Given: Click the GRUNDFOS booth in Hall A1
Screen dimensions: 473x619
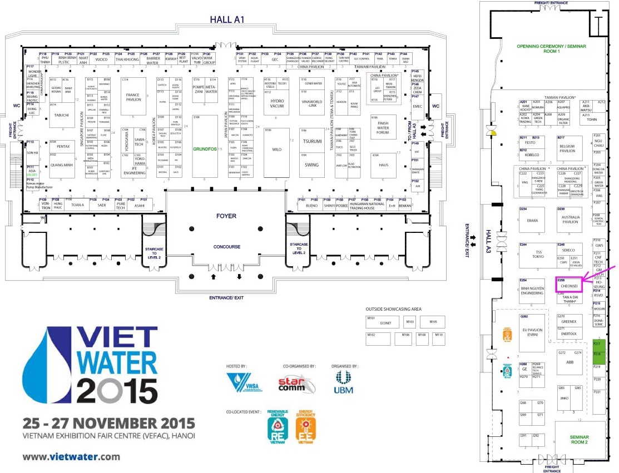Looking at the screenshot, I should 204,149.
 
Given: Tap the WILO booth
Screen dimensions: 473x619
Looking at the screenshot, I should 276,149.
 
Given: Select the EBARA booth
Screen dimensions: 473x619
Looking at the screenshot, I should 532,221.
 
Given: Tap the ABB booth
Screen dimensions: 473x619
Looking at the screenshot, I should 570,362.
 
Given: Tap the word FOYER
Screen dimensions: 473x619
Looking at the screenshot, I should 226,216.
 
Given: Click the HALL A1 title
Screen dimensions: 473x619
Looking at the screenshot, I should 227,19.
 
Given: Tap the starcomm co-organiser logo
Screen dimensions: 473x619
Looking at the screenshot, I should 292,383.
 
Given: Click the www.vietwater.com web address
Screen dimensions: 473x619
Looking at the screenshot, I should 71,457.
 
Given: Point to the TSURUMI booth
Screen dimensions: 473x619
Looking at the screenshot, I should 312,141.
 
